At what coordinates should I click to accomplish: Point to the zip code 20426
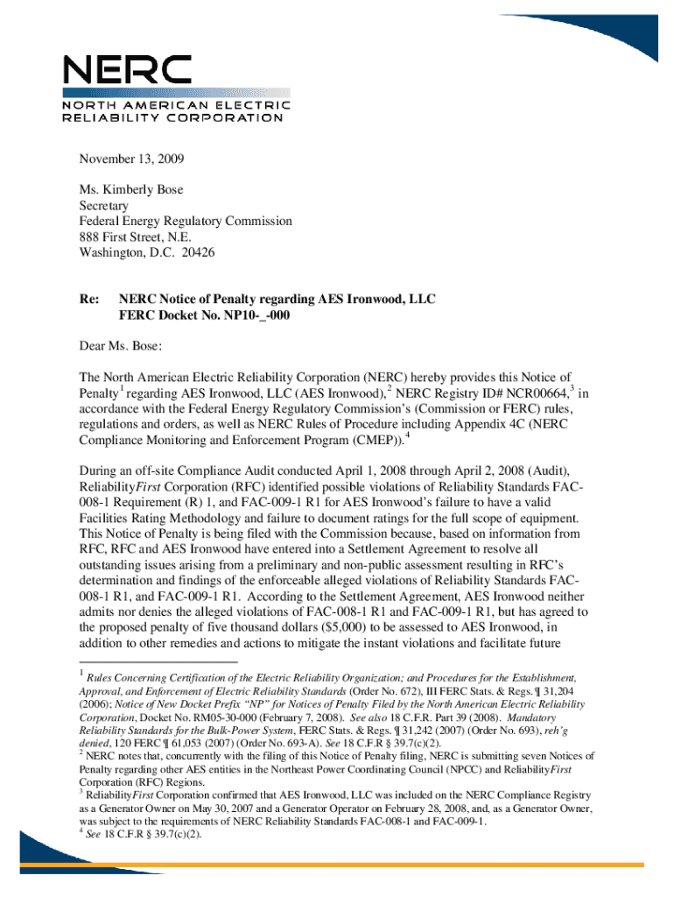pyautogui.click(x=196, y=253)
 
